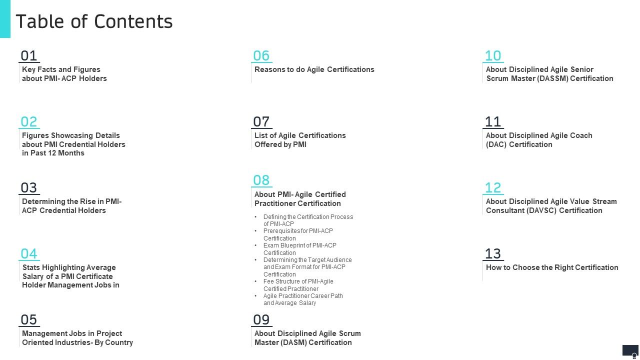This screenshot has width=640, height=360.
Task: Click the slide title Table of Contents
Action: pos(94,21)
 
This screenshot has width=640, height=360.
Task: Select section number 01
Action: pos(29,55)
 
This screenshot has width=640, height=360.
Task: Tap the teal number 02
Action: pos(29,121)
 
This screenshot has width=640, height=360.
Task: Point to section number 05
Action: pos(29,319)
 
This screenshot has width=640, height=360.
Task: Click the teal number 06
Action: pos(261,55)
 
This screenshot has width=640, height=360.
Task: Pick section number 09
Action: pos(261,319)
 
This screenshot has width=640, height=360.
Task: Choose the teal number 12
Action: pos(493,187)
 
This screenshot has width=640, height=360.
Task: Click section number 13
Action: pos(493,253)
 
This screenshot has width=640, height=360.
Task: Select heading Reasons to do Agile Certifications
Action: pos(314,69)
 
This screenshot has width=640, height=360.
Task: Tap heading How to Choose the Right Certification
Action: pos(552,267)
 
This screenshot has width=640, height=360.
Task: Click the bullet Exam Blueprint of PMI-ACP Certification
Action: pos(300,249)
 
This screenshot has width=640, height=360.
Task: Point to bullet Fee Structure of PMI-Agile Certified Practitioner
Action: pos(298,285)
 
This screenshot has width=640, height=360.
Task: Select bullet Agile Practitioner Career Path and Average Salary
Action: pos(303,299)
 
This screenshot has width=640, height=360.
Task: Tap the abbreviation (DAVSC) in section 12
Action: pos(541,210)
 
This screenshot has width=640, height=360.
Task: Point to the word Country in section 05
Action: pos(119,342)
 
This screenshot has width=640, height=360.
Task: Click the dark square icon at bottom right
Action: pos(630,351)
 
